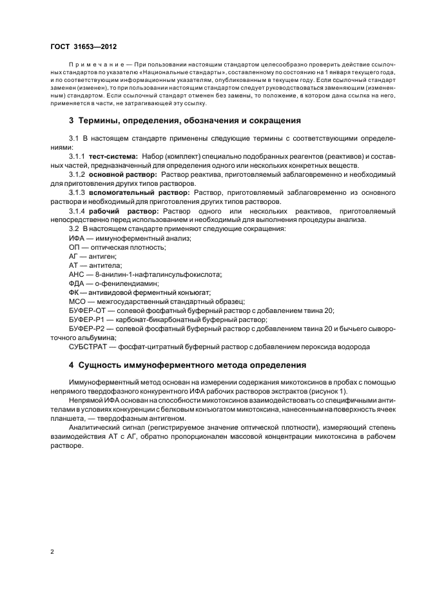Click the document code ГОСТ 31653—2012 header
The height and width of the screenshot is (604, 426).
coord(80,46)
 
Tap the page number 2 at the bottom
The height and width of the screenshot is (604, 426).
coord(52,552)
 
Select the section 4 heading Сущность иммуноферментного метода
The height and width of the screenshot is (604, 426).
coord(183,365)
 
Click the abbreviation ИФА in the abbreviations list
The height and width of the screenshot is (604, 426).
coord(77,238)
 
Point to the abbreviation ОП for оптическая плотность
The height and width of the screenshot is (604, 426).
coord(75,247)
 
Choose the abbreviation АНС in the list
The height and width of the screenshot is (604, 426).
coord(77,274)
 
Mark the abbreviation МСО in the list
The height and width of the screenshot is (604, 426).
coord(77,301)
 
